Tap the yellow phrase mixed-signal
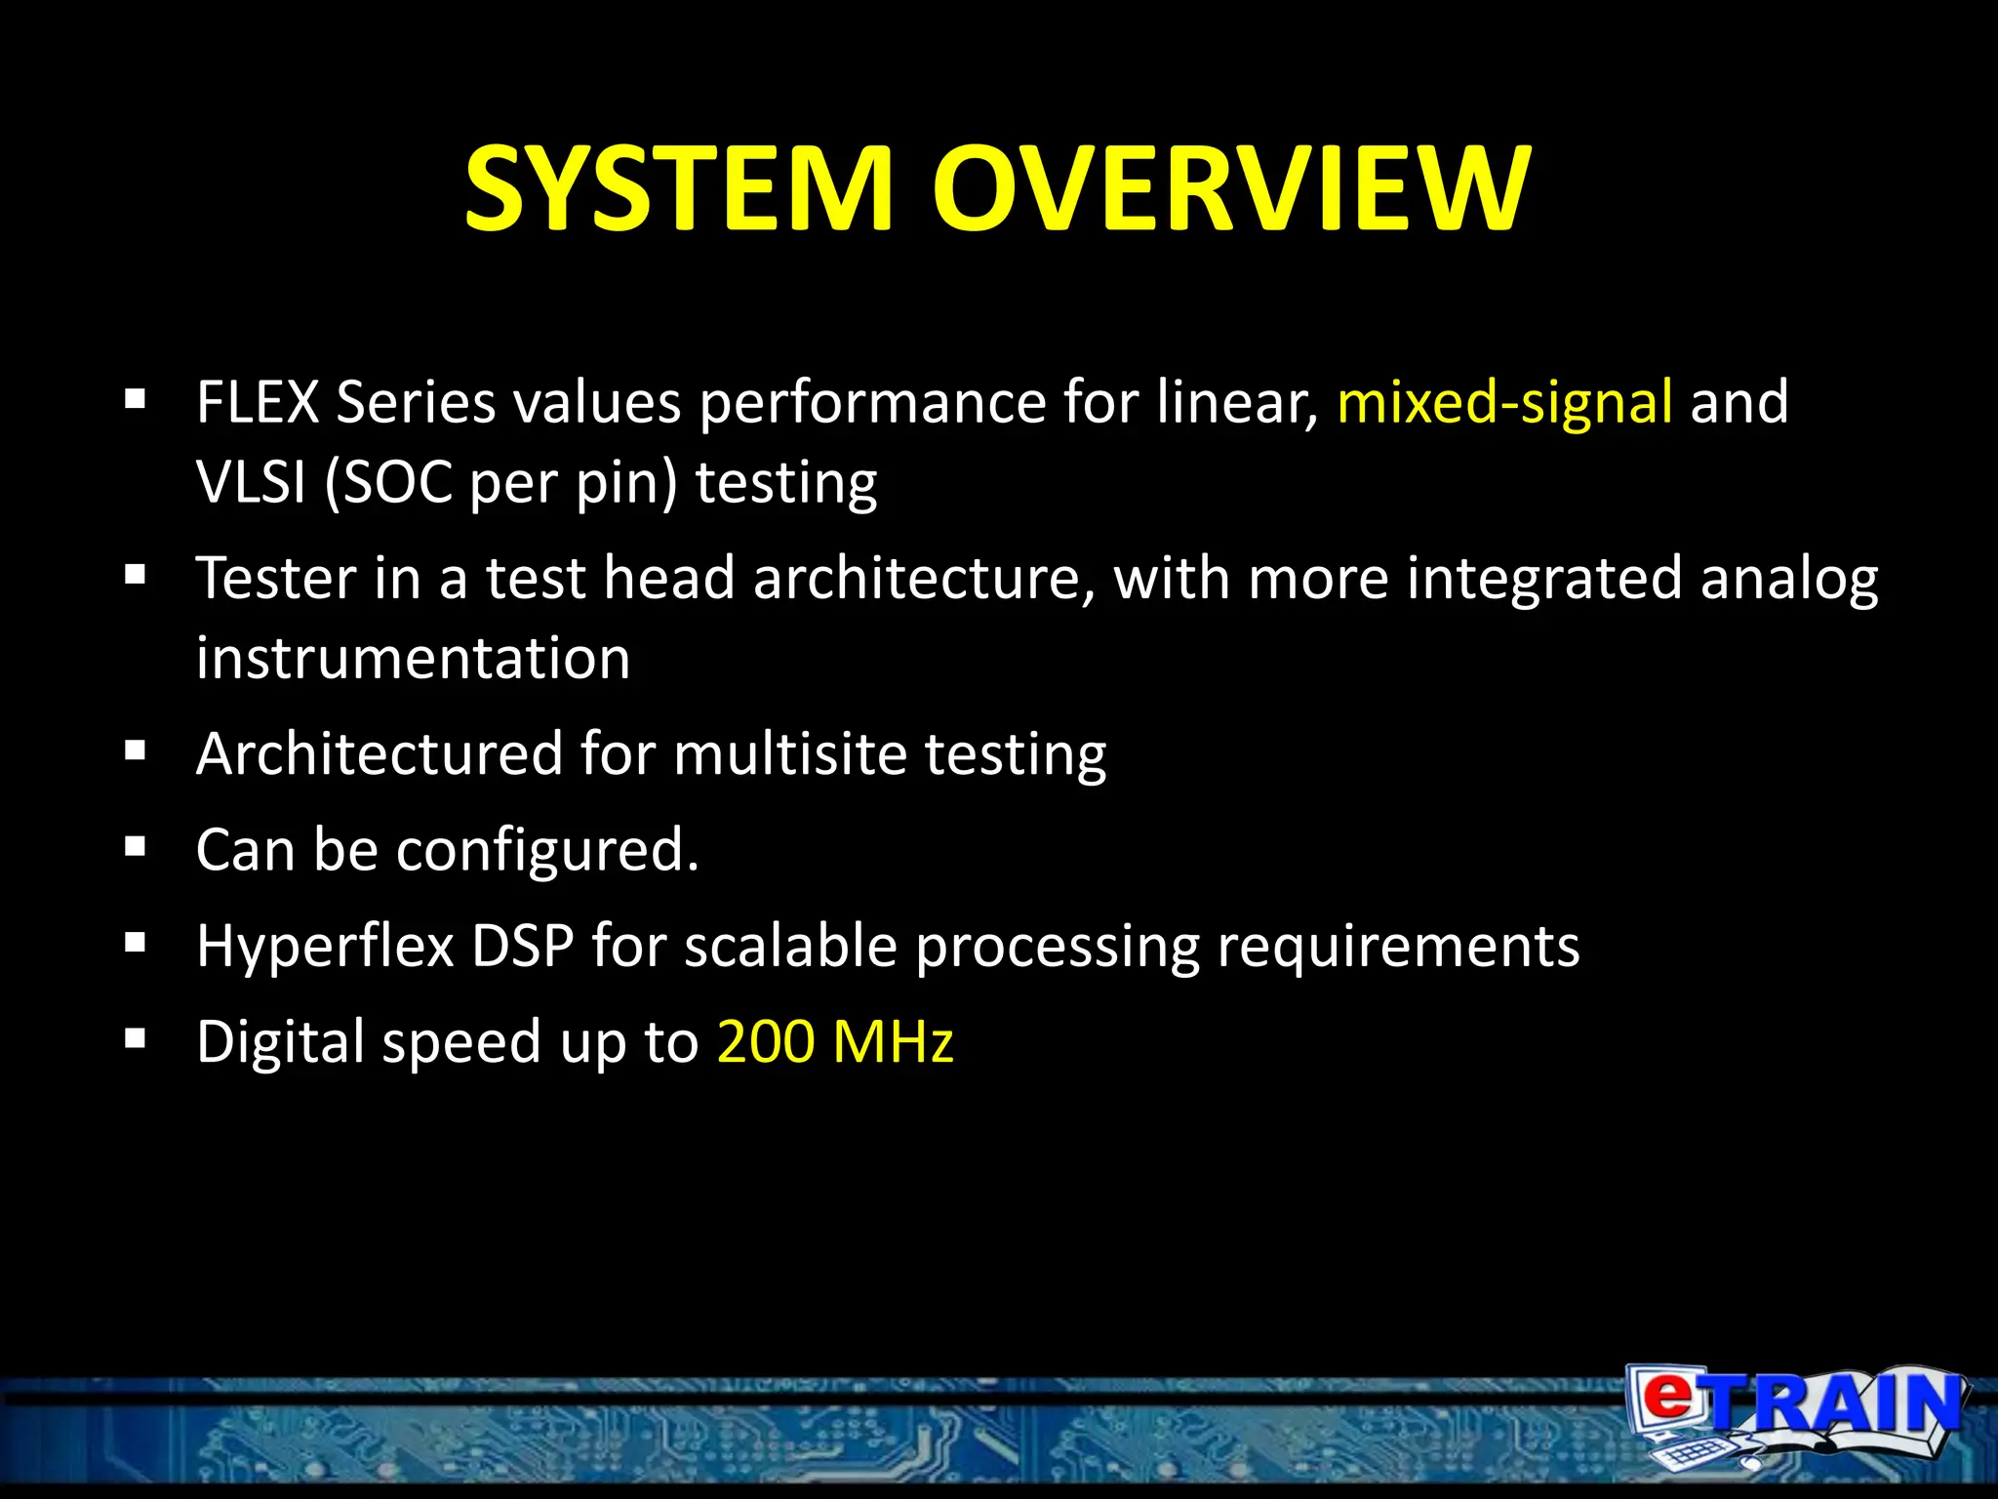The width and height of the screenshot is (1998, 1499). click(x=1504, y=402)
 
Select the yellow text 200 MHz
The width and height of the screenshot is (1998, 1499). click(x=835, y=1041)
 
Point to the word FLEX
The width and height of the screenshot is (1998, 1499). click(x=258, y=402)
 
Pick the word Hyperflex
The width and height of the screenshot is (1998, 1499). click(x=326, y=947)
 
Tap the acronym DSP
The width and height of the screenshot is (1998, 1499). click(x=523, y=947)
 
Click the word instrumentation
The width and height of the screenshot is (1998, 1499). click(x=413, y=658)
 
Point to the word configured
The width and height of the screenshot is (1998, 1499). click(x=547, y=851)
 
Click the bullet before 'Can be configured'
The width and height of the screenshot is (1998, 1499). click(x=136, y=846)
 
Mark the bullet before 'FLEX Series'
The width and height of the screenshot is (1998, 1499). click(x=136, y=398)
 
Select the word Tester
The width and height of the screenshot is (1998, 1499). click(x=276, y=578)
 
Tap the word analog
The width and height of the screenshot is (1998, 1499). click(x=1789, y=580)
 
